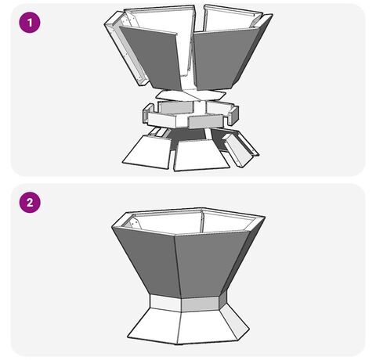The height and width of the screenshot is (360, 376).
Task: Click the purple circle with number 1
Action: pyautogui.click(x=30, y=23)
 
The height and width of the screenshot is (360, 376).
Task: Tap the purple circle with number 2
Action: pyautogui.click(x=30, y=203)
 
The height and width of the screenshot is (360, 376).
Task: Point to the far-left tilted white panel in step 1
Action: pyautogui.click(x=125, y=49)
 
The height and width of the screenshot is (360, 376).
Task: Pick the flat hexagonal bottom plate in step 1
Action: pyautogui.click(x=190, y=95)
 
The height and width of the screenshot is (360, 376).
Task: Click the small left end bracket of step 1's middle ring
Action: pyautogui.click(x=148, y=113)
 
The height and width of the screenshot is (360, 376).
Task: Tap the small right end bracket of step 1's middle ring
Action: pyautogui.click(x=233, y=116)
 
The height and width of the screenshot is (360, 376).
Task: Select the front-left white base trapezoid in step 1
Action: pyautogui.click(x=148, y=152)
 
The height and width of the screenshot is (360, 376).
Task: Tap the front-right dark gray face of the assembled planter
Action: pyautogui.click(x=209, y=265)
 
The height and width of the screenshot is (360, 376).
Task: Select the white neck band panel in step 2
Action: pyautogui.click(x=166, y=303)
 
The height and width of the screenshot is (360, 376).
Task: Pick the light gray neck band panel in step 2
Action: pyautogui.click(x=201, y=304)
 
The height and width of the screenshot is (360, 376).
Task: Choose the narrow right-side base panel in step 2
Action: pyautogui.click(x=234, y=321)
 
